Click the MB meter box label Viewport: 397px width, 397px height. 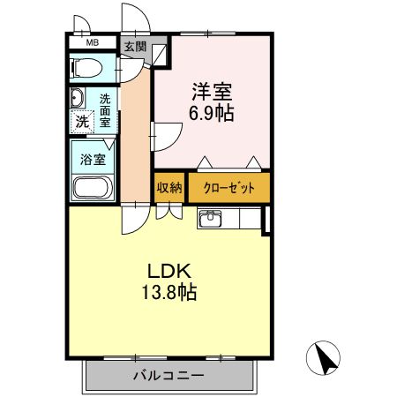(x=92, y=41)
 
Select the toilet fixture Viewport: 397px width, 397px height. (x=87, y=67)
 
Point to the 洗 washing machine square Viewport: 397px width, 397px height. (x=81, y=122)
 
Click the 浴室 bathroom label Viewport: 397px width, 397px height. (x=93, y=161)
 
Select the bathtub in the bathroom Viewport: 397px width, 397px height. (x=91, y=186)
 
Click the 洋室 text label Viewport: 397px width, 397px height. (x=212, y=91)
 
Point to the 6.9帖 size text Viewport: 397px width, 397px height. (x=212, y=114)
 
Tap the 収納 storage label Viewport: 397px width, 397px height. (x=169, y=188)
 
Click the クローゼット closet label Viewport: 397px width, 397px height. (x=228, y=188)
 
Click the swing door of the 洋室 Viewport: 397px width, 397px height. (x=164, y=136)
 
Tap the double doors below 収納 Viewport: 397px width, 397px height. (x=169, y=212)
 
